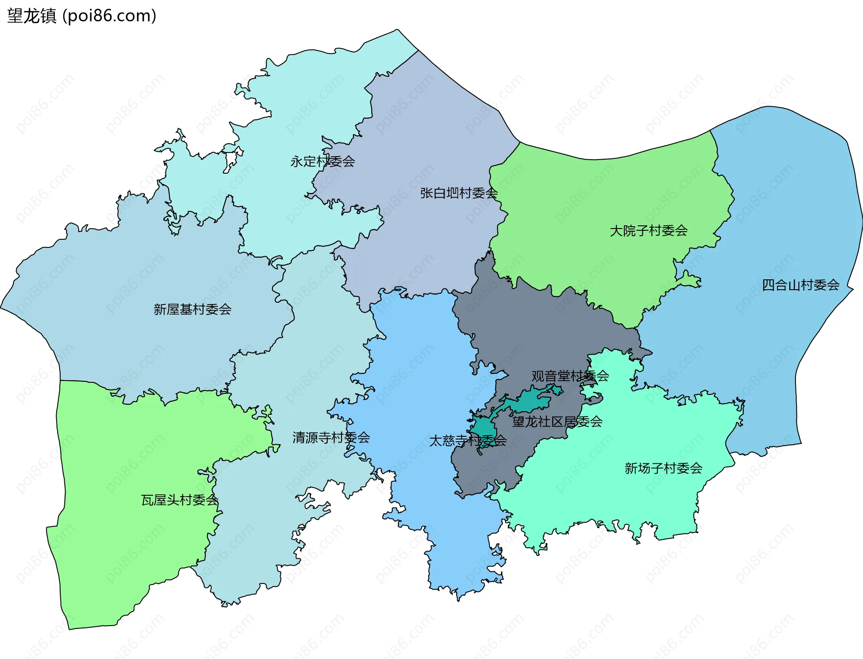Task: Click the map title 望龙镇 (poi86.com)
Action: tap(82, 16)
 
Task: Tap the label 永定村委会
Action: tap(322, 161)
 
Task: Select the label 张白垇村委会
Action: tap(458, 193)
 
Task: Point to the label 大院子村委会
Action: tap(648, 231)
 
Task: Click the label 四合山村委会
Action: tap(800, 285)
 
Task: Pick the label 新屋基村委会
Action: tap(192, 309)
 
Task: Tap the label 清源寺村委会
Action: tap(331, 437)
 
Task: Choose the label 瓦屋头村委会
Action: tap(179, 500)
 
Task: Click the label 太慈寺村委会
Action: tap(467, 440)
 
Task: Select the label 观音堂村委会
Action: tap(569, 376)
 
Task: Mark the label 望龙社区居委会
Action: tap(557, 421)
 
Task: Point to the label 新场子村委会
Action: tap(663, 468)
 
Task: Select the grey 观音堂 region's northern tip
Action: tap(488, 259)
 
